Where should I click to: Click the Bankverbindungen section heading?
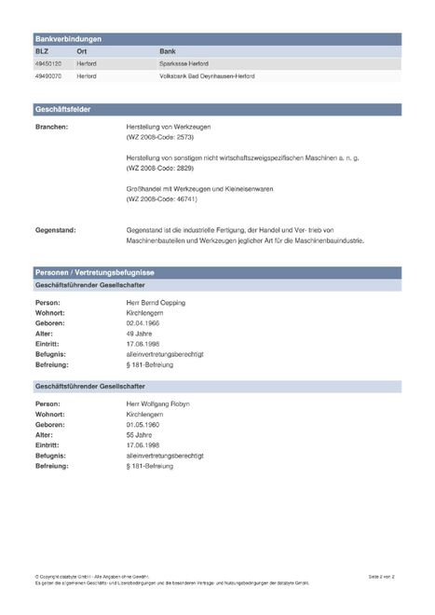click(x=68, y=39)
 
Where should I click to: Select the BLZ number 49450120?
click(x=48, y=63)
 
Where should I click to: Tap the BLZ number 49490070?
click(x=48, y=75)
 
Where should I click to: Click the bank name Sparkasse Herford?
click(x=187, y=63)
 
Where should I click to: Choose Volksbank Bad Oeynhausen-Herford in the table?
click(x=207, y=75)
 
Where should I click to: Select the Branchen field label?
click(x=51, y=124)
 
